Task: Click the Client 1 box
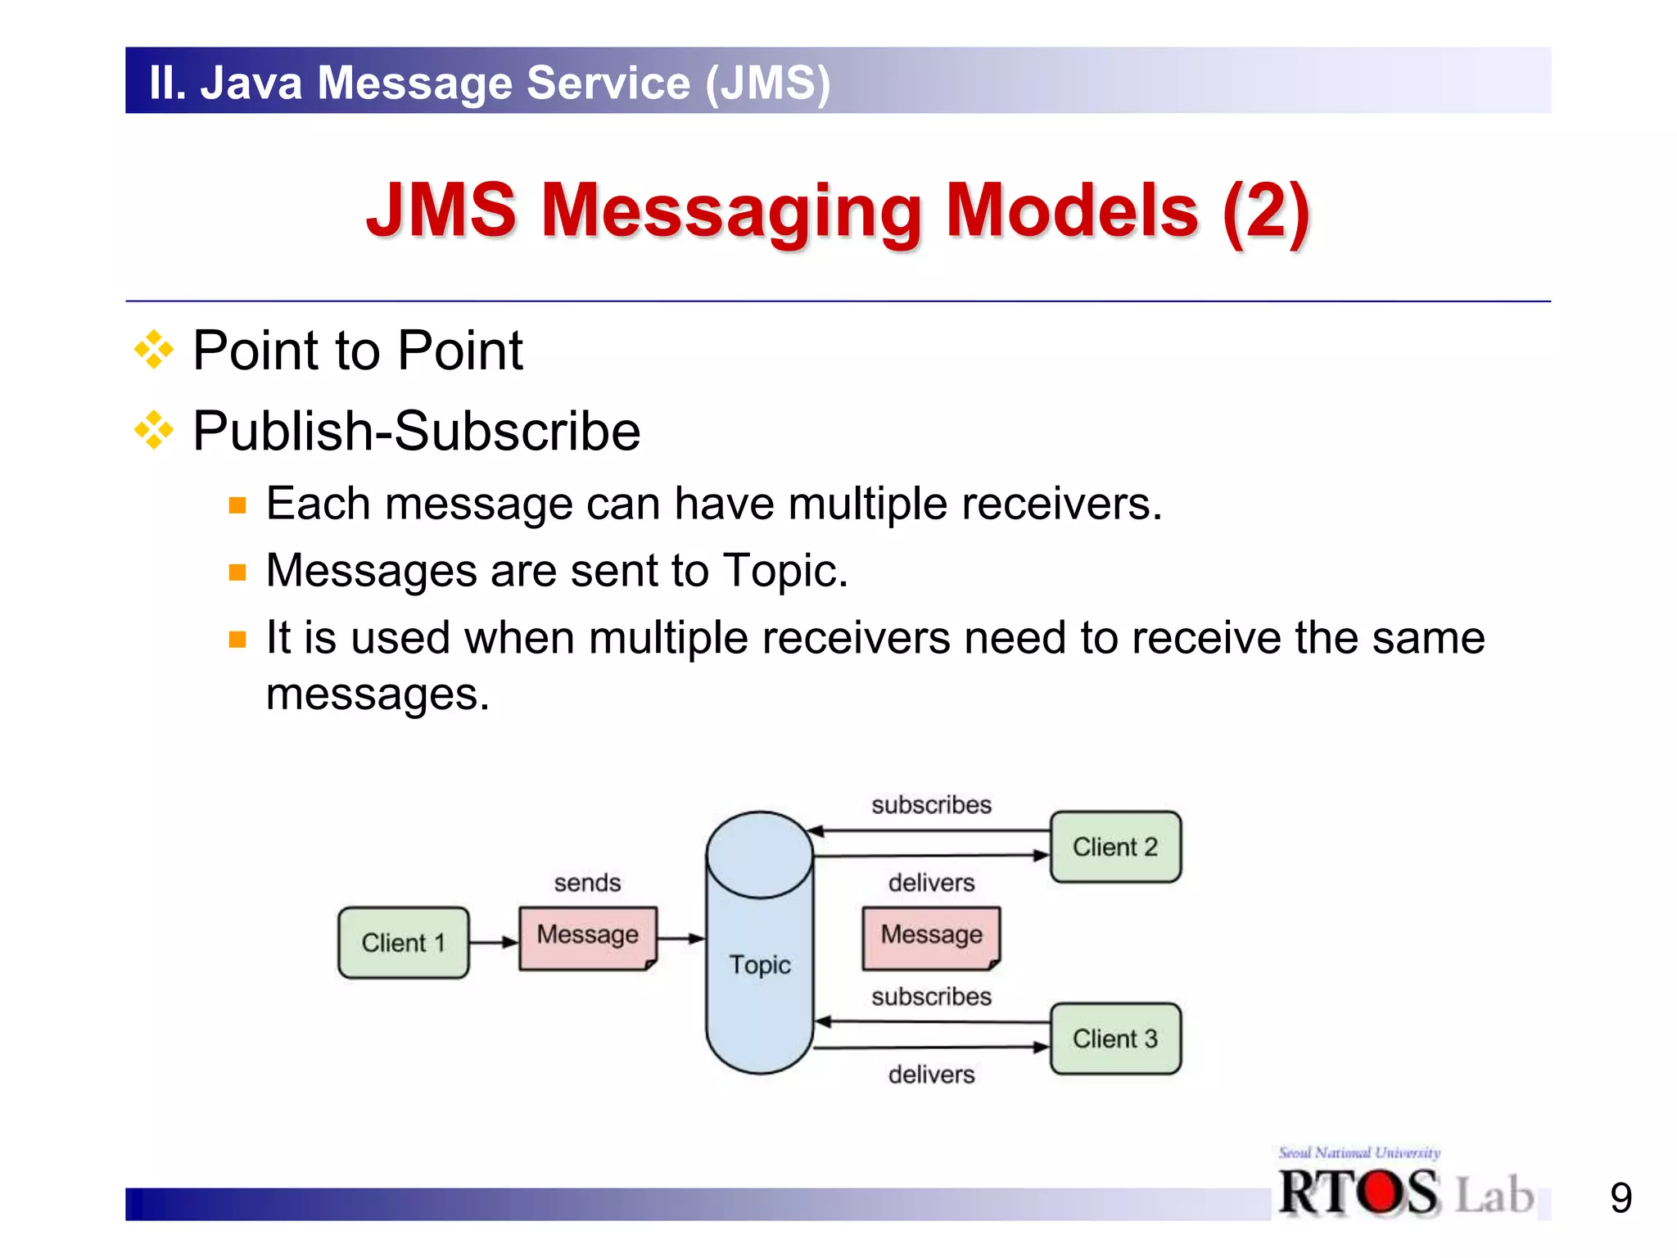[x=403, y=942]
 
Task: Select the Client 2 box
[x=1115, y=847]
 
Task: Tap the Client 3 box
[x=1115, y=1039]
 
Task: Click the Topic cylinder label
[x=760, y=965]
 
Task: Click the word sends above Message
[x=587, y=883]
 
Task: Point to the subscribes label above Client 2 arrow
[x=931, y=805]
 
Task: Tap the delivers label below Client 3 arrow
[x=931, y=1075]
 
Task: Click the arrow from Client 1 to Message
[x=493, y=942]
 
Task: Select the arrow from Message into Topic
[x=680, y=939]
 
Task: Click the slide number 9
[x=1620, y=1198]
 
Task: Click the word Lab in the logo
[x=1494, y=1195]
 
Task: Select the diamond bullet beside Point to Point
[x=154, y=351]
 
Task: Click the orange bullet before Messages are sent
[x=237, y=572]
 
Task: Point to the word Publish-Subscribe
[x=416, y=431]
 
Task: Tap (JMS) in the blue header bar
[x=767, y=83]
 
